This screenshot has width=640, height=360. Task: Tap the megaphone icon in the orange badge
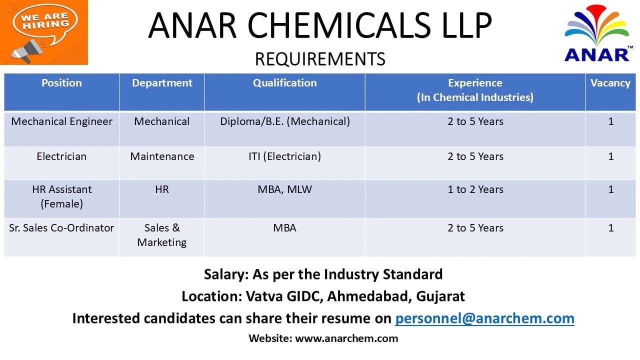[x=27, y=50]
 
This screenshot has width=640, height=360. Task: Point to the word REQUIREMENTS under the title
[x=320, y=59]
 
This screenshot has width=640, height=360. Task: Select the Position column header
[x=61, y=83]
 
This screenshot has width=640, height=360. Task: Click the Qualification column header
[x=284, y=83]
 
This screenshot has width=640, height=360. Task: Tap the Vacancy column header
[x=610, y=83]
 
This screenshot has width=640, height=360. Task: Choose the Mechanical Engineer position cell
[x=61, y=121]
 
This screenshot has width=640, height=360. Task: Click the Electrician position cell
[x=61, y=156]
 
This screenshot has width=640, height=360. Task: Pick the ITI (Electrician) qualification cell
[x=284, y=156]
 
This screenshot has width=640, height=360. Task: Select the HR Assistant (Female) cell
[x=61, y=196]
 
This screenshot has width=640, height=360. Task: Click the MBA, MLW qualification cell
[x=284, y=189]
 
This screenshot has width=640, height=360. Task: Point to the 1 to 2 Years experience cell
[x=475, y=189]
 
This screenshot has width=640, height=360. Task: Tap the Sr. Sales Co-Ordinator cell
[x=61, y=228]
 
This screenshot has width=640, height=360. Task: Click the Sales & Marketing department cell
[x=162, y=235]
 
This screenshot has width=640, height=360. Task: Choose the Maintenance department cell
[x=162, y=156]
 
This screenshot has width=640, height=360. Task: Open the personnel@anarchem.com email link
[x=484, y=318]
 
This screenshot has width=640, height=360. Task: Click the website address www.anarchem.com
[x=346, y=338]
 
